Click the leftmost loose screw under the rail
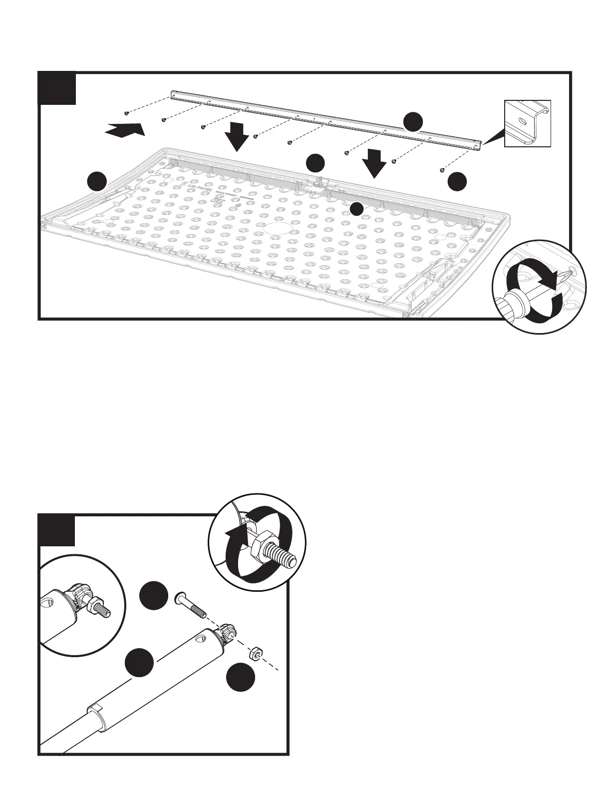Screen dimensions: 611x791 click(127, 113)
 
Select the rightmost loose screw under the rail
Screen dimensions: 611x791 click(442, 171)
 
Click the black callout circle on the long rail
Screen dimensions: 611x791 click(413, 122)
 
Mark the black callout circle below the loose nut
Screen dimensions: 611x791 click(241, 678)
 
